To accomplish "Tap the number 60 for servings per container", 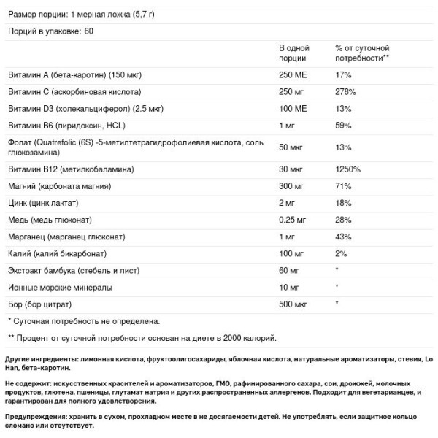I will [88, 31].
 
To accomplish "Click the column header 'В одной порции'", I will [296, 52].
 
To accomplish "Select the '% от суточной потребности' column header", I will [362, 52].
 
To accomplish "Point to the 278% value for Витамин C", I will [345, 92].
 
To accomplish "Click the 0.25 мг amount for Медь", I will [294, 220].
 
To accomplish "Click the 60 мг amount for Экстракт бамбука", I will [291, 270].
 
